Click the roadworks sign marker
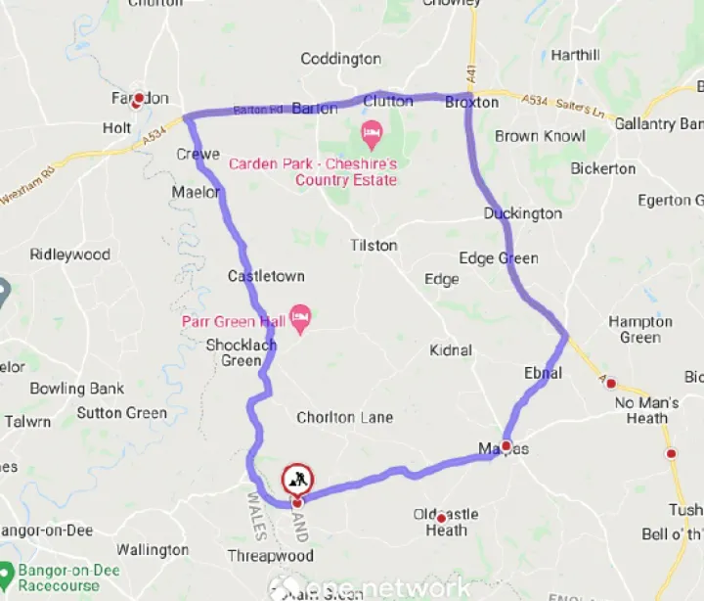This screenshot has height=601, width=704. coord(297,480)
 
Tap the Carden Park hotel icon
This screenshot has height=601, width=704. coord(372,131)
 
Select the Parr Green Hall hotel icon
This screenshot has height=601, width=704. coord(301,315)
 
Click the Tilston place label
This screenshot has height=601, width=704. coord(374,245)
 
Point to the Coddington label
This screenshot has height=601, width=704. coord(340,59)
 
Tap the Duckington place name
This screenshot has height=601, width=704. coord(523,213)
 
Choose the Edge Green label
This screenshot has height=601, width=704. coord(499,258)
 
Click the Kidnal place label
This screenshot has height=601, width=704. coord(450,349)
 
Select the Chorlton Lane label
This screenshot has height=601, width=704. coord(344,417)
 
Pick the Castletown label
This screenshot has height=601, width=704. coord(266,276)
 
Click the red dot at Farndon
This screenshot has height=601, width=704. coord(139,98)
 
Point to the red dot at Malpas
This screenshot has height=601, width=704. coord(506,445)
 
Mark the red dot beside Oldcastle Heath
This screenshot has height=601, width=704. coord(441,518)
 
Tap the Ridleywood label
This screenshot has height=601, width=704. coord(70,254)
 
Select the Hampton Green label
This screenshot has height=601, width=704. coord(640,330)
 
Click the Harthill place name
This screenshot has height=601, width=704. coord(575,55)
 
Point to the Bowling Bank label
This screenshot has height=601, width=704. coord(76,389)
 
